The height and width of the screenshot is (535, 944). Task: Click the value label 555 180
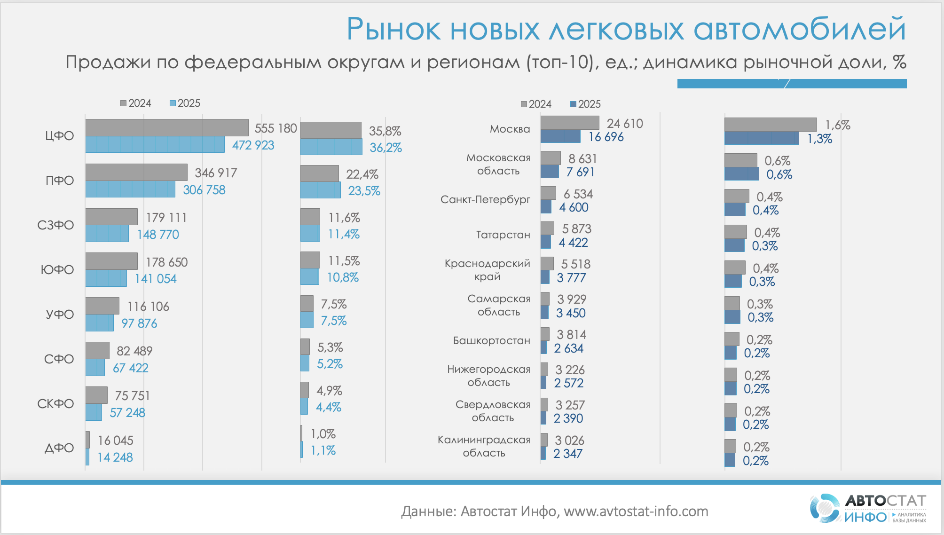pos(275,128)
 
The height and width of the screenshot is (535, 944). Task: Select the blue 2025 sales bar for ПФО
pos(130,189)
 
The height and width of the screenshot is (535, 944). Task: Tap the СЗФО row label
pos(55,225)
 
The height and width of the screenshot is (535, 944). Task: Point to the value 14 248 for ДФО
pos(115,457)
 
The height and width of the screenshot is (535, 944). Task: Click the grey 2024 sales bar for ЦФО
pos(167,127)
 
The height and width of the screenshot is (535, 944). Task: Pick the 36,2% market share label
pos(385,148)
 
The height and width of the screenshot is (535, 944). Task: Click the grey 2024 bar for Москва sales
pos(570,123)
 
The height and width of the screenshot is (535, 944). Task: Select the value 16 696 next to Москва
pos(606,137)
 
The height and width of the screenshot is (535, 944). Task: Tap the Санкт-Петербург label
pos(485,199)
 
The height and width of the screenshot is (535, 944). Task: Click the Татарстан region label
pos(503,235)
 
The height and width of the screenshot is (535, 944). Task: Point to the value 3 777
pos(571,278)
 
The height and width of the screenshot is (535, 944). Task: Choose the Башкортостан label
pos(491,340)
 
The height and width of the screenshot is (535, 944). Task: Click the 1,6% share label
pos(838,125)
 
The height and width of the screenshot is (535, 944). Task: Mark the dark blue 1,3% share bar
pos(762,138)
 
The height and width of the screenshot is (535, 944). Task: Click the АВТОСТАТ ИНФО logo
pos(868,508)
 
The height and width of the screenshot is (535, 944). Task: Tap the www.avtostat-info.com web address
pos(636,511)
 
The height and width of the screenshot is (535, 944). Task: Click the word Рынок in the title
pos(393,29)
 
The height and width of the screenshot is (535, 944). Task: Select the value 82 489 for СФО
pos(134,351)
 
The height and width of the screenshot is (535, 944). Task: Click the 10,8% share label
pos(343,277)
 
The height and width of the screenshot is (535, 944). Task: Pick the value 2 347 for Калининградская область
pos(568,454)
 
